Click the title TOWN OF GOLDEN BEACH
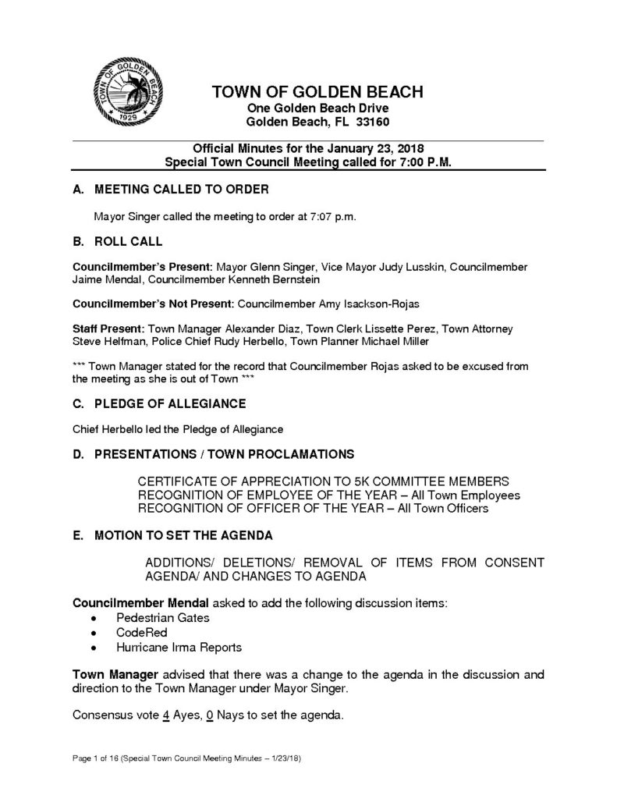(317, 92)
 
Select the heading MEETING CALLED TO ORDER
(181, 190)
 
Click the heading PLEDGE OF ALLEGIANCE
(169, 403)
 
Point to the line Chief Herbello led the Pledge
(177, 428)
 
